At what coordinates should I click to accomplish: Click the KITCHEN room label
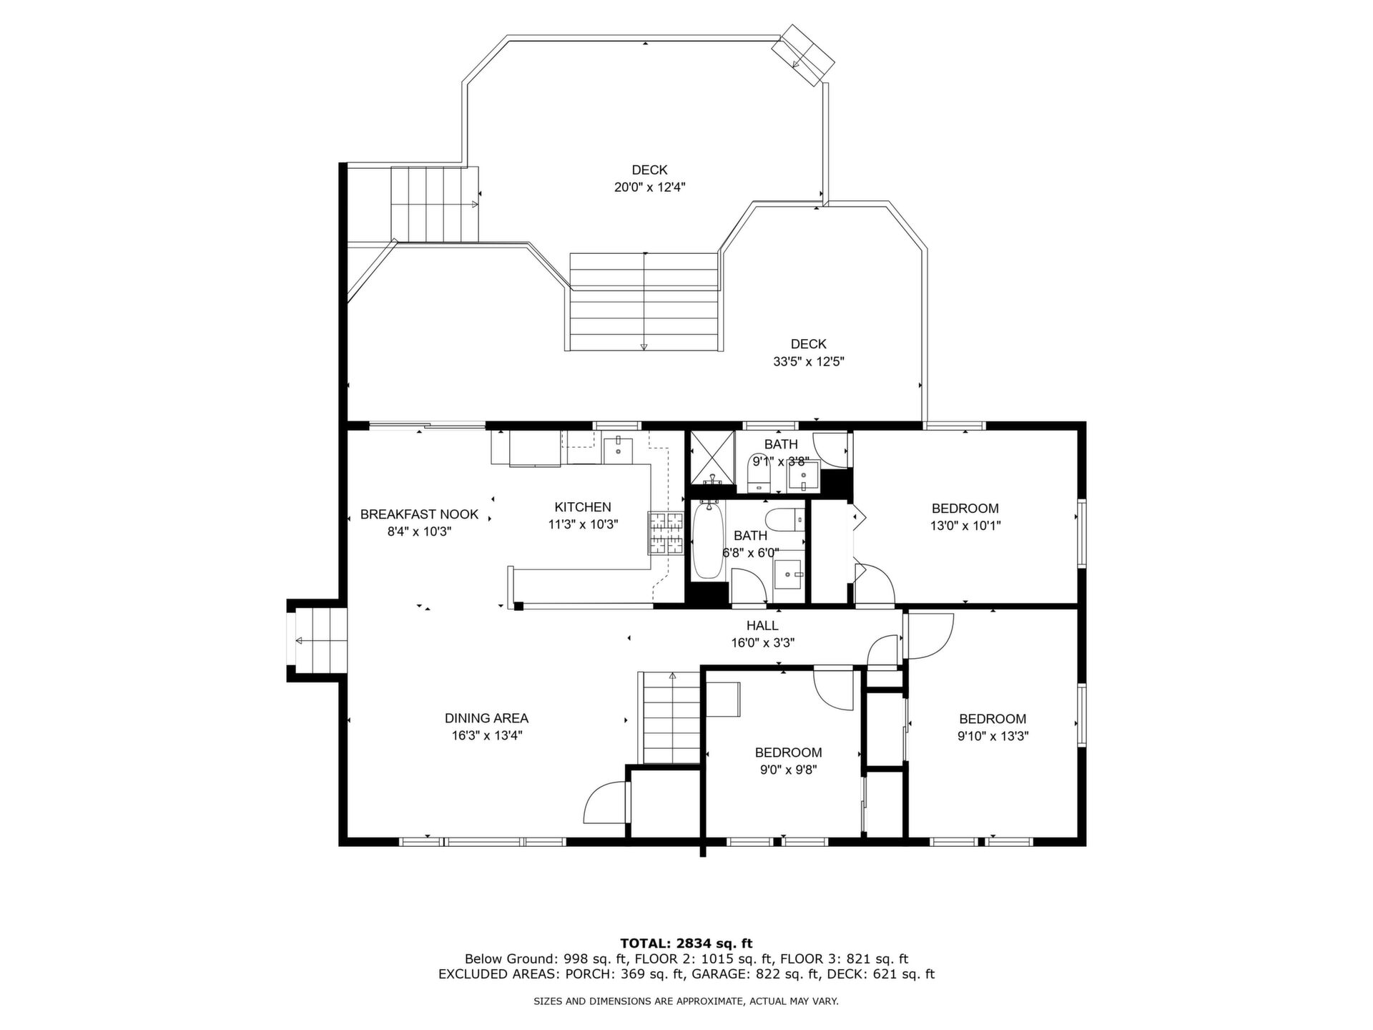click(x=583, y=507)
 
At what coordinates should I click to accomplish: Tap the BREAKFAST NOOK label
click(x=419, y=514)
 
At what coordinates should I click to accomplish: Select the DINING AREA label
click(x=486, y=718)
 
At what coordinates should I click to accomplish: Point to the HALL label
click(x=762, y=626)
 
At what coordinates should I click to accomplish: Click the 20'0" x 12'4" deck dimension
click(x=645, y=187)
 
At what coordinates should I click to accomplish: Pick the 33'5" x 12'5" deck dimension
click(x=809, y=362)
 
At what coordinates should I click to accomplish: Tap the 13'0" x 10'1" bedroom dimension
click(x=965, y=526)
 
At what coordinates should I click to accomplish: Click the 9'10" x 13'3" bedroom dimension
click(x=993, y=736)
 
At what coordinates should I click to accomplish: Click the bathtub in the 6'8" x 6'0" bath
click(x=708, y=540)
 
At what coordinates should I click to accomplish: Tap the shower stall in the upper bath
click(x=712, y=461)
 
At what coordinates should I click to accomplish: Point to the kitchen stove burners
click(x=666, y=533)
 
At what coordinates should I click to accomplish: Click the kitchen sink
click(x=616, y=449)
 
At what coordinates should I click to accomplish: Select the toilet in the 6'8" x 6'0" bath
click(x=784, y=518)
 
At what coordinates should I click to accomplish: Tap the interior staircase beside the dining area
click(x=671, y=717)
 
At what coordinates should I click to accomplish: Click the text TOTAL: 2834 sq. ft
click(x=686, y=943)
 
